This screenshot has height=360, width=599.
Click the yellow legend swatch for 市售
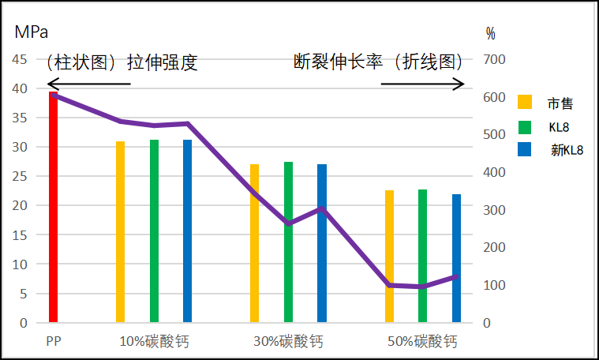[x=525, y=102]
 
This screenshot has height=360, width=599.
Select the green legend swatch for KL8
[x=525, y=126]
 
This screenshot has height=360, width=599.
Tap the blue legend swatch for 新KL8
[x=525, y=149]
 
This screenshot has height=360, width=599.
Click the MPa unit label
[x=32, y=32]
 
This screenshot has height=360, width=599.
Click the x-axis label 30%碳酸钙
[x=288, y=342]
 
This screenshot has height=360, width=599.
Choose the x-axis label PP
[x=54, y=342]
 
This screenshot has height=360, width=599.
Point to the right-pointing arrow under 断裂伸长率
[x=423, y=84]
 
